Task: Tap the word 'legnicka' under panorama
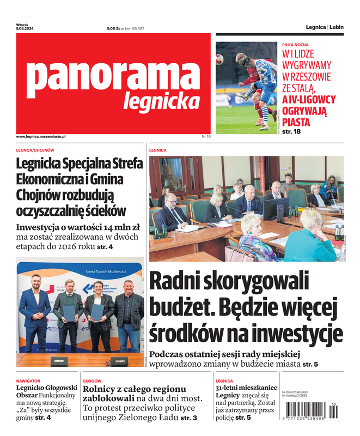tap(161, 101)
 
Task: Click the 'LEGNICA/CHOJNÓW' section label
tap(35, 150)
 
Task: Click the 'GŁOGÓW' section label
tap(92, 381)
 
